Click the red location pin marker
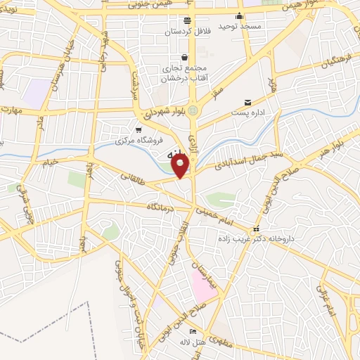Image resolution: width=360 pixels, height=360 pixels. point(181,166)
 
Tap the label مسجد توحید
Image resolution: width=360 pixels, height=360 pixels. point(239,26)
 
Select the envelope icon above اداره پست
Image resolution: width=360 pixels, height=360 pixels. point(247,103)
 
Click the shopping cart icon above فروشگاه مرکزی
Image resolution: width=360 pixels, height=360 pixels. point(139,129)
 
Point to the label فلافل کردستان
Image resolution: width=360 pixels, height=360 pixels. point(187,32)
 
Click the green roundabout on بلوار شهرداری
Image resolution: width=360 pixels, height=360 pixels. point(193,110)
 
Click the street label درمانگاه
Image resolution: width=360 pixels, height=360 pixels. point(162,207)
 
